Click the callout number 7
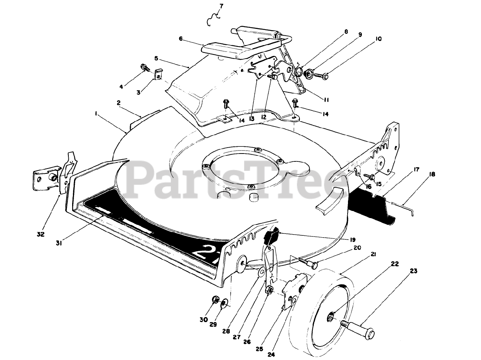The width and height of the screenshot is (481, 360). coord(221,6)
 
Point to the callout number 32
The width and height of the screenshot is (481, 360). coord(41,234)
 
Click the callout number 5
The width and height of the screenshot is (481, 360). coord(156,59)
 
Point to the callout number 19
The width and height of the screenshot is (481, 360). coord(353,239)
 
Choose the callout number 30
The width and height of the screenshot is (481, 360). coord(203,319)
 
